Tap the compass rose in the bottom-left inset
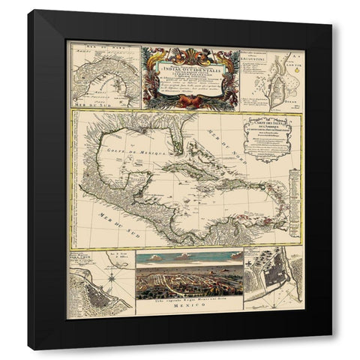tap(110, 276)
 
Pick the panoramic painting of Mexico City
tap(187, 277)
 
